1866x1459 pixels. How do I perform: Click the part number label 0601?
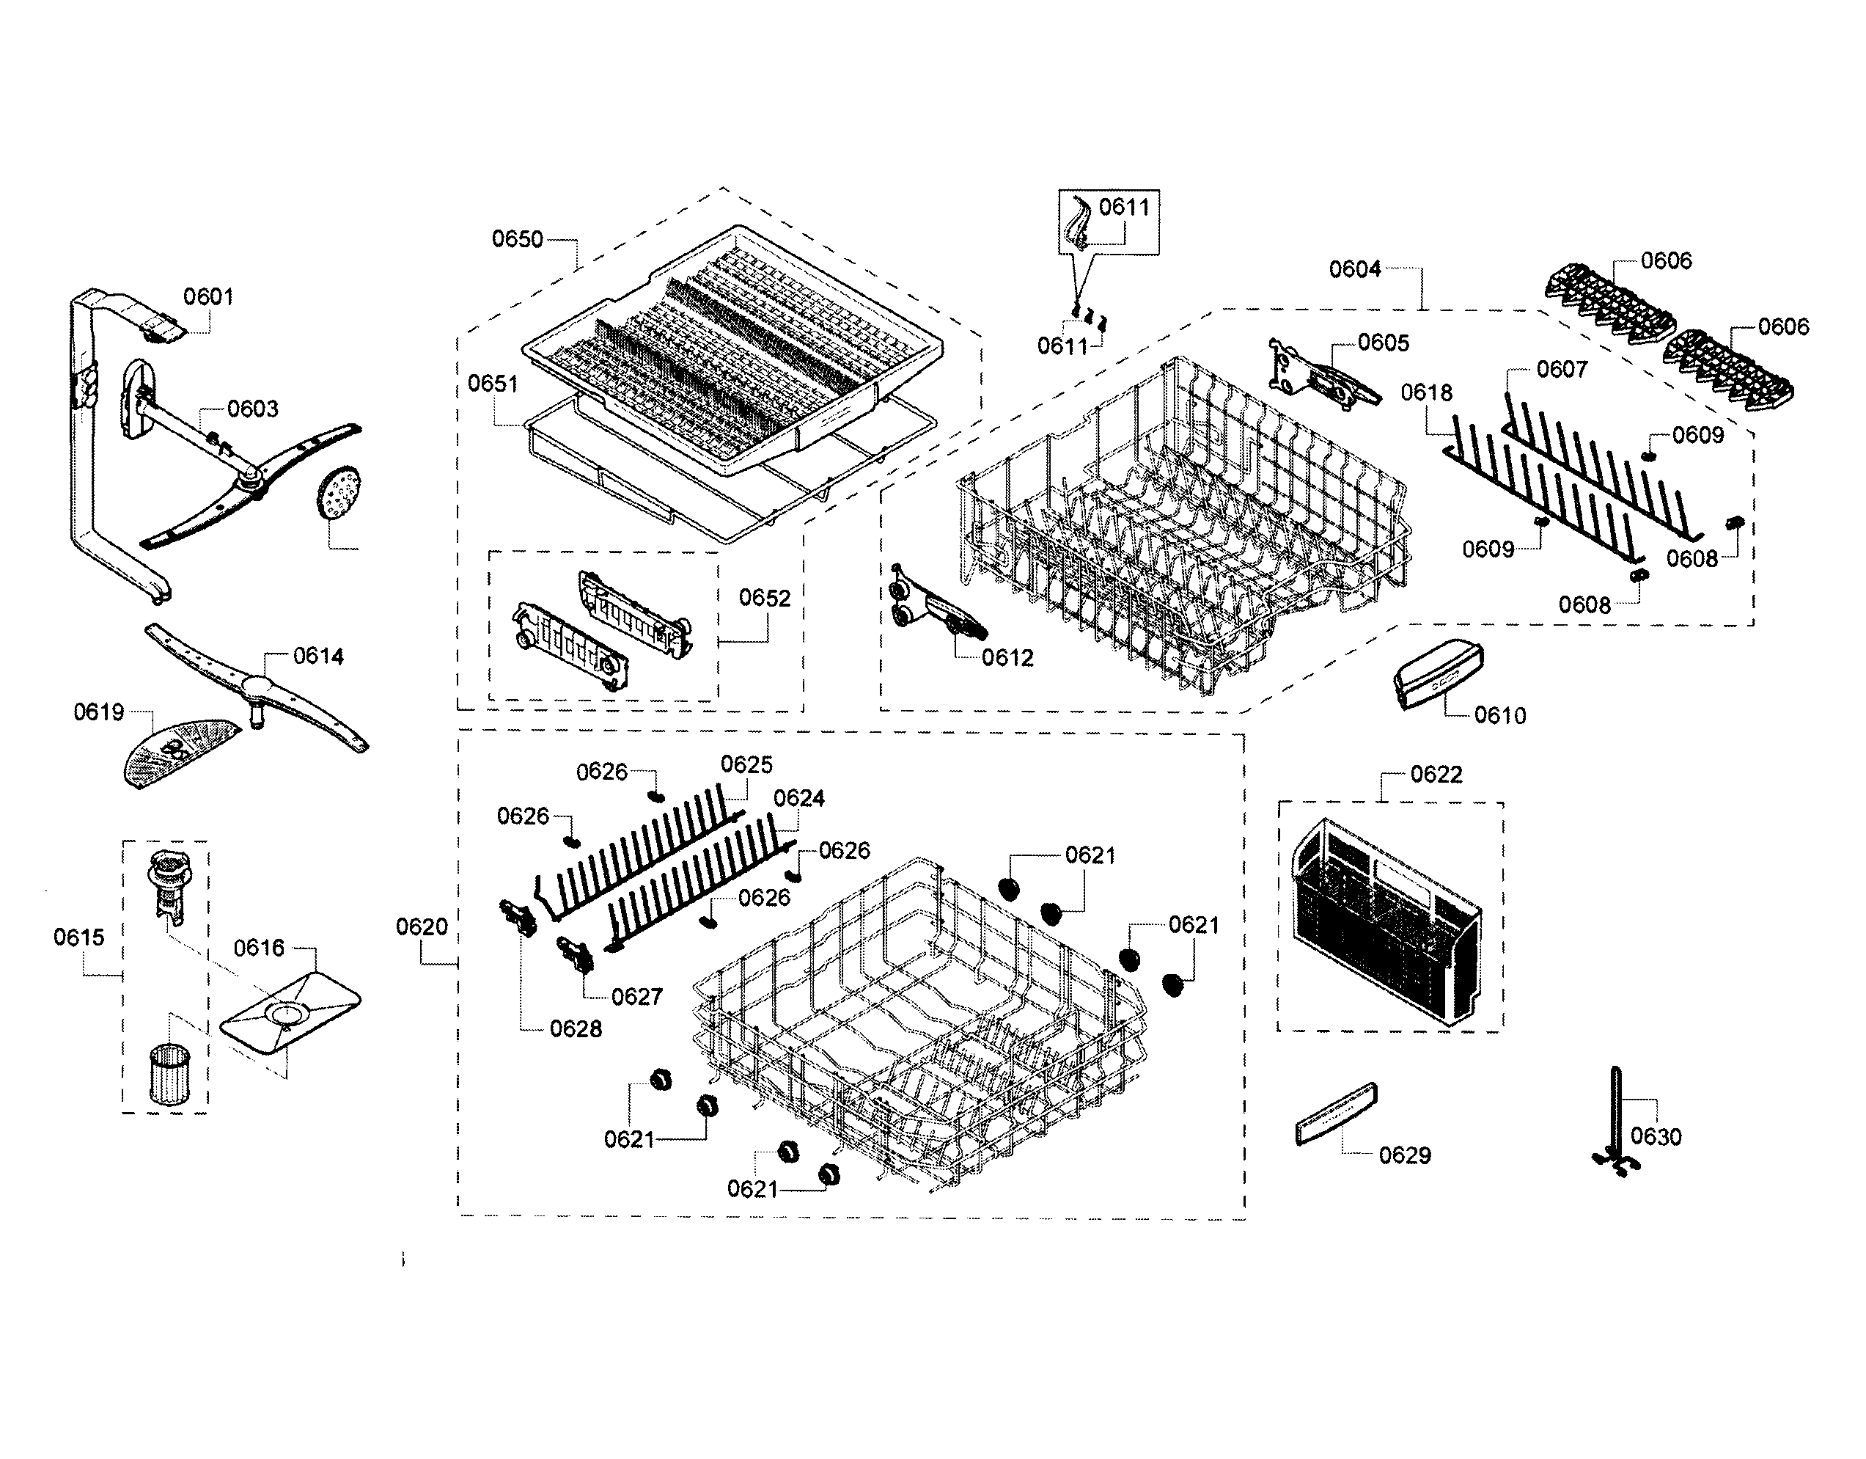coord(208,296)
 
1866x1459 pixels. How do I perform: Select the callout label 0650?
coord(517,239)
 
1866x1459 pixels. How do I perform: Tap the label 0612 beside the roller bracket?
coord(1007,657)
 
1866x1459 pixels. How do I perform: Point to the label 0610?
coord(1499,715)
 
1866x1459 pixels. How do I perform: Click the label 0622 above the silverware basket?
coord(1436,775)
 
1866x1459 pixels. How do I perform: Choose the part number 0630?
coord(1655,1136)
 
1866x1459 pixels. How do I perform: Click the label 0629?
coord(1405,1155)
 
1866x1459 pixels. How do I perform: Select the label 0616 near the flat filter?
coord(259,948)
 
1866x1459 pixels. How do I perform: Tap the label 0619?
coord(98,712)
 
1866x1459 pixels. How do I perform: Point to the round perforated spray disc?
coord(339,493)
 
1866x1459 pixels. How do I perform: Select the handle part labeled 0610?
coord(1437,673)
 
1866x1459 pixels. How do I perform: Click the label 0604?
coord(1354,270)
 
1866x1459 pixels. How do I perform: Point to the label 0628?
coord(576,1029)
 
